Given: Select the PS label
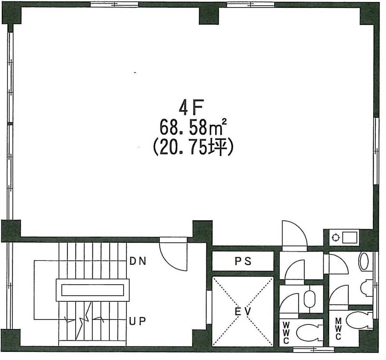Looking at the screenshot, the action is (x=243, y=261).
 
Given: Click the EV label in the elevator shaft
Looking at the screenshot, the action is (x=243, y=312).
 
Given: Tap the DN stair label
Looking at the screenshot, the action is (x=138, y=261).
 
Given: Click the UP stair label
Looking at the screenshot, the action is (x=137, y=321).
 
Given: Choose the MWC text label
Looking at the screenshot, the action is (x=338, y=329).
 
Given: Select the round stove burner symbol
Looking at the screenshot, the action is (x=335, y=238).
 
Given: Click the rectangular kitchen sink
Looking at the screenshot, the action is (x=350, y=238).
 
